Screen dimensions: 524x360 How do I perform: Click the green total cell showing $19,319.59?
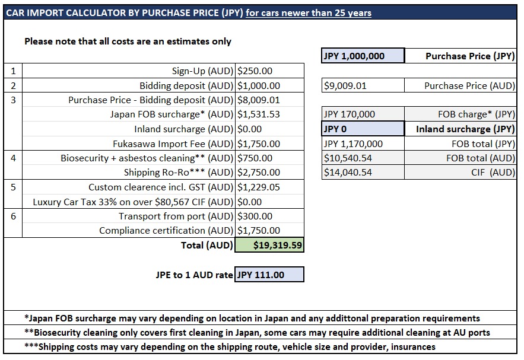[269, 245]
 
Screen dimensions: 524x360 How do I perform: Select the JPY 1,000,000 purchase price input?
[363, 56]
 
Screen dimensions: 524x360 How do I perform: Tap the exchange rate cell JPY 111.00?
[269, 275]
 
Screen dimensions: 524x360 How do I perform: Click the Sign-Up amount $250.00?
[255, 71]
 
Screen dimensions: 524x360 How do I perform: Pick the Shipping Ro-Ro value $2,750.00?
[259, 173]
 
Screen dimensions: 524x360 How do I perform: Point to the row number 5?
[13, 187]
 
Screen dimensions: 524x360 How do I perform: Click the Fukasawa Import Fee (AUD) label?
[173, 144]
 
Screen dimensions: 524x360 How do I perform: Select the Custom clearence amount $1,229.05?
[259, 187]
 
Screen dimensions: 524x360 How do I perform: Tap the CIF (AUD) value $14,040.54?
[348, 173]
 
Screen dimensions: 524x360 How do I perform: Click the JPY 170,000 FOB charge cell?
[349, 114]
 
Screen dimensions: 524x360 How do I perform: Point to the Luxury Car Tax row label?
[133, 202]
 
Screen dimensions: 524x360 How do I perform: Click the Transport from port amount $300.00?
[255, 216]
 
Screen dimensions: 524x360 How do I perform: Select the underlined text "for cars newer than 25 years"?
[309, 13]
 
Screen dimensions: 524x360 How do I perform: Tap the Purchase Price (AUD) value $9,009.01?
[345, 86]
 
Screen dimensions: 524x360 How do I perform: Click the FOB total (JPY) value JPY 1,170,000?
[353, 144]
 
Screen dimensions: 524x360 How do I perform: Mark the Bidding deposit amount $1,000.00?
[259, 86]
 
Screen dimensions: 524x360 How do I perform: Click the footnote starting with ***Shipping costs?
[230, 346]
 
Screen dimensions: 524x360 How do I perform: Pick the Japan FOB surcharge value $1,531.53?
[259, 114]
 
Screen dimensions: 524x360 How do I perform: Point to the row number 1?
[13, 71]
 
